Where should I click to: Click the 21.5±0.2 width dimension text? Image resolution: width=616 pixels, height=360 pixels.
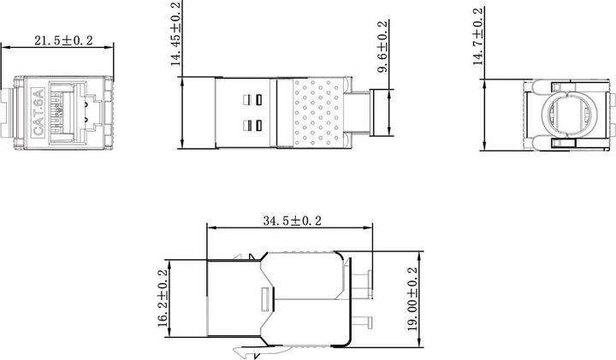[x=63, y=41]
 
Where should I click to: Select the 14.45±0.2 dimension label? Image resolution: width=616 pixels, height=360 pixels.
[x=176, y=34]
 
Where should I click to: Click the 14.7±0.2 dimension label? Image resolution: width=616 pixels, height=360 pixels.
[x=482, y=35]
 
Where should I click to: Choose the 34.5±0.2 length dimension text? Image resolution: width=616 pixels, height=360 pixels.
[x=291, y=221]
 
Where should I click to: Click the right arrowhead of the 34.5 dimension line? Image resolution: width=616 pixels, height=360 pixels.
[x=370, y=228]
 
